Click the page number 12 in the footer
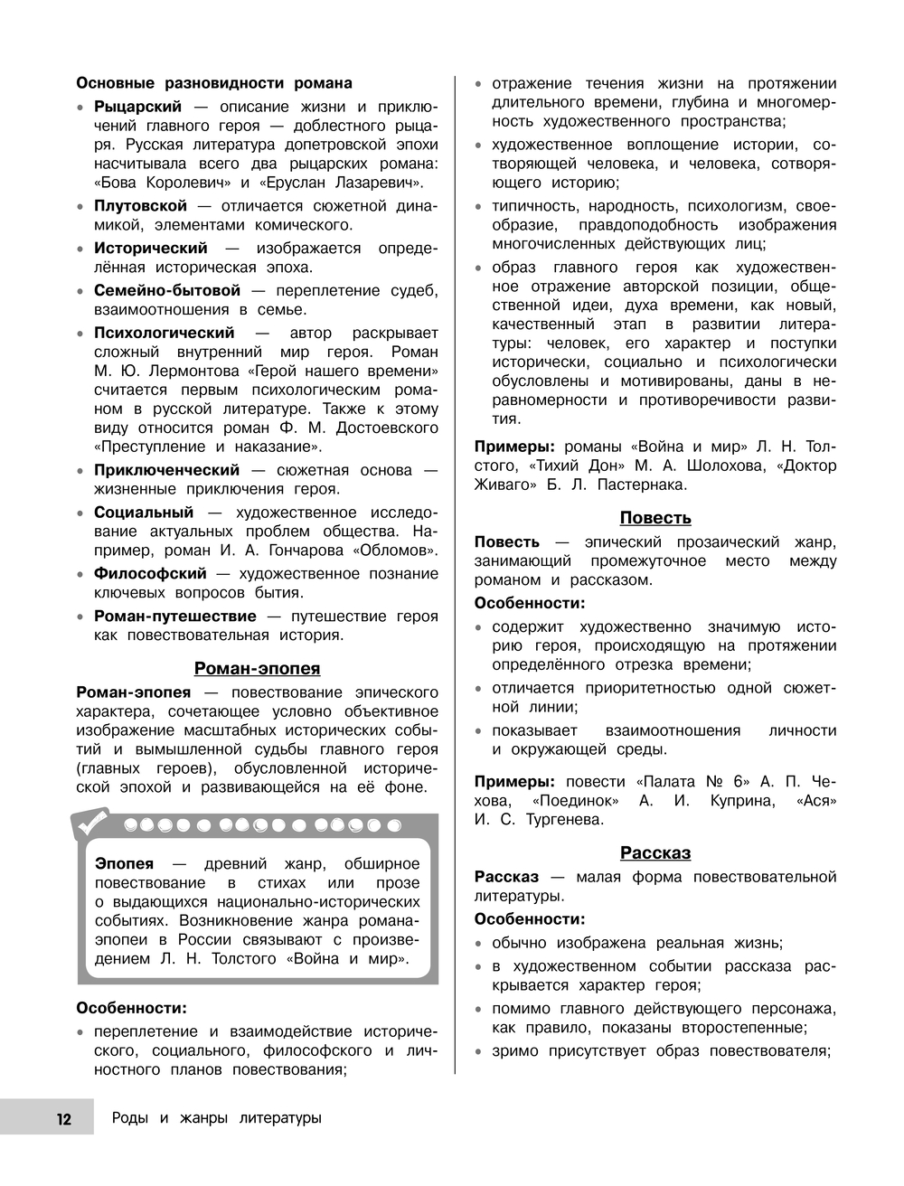point(63,1119)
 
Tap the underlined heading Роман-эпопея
point(258,669)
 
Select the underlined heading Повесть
point(655,518)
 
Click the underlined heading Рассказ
point(655,852)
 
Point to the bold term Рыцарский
point(138,107)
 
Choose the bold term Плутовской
point(140,206)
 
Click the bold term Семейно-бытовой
point(167,290)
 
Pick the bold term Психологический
point(164,333)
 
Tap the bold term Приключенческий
point(167,470)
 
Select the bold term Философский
point(150,574)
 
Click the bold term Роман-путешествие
point(175,617)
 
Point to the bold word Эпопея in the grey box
point(125,864)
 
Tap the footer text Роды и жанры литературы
point(216,1119)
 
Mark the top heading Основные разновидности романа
point(214,83)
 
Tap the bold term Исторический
point(151,249)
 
